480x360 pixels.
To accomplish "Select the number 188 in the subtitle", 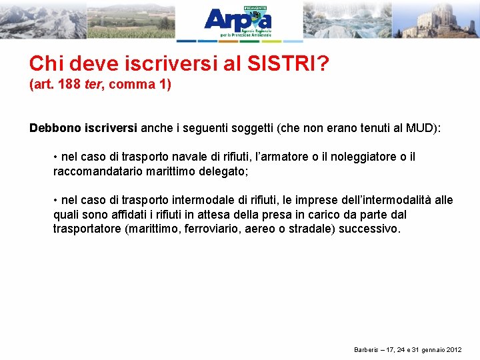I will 71,85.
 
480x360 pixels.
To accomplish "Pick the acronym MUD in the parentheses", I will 419,128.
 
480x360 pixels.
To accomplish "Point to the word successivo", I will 370,229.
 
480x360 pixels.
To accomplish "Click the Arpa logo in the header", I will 237,21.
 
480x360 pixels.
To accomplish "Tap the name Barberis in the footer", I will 366,350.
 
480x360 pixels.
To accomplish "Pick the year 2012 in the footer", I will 453,350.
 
